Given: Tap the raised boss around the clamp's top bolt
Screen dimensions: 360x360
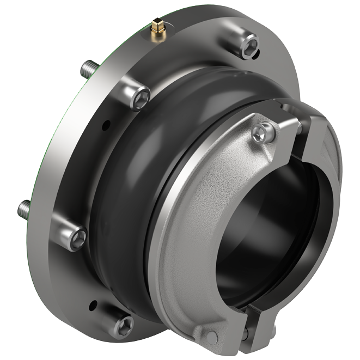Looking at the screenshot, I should [256, 123].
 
